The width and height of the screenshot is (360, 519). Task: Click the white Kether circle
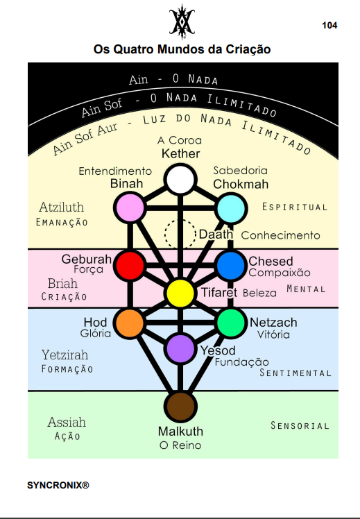(180, 180)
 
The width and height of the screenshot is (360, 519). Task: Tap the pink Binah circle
(130, 207)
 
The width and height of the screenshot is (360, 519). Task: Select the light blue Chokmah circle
(231, 209)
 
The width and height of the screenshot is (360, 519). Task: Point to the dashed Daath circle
(180, 234)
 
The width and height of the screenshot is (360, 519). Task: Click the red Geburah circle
(130, 265)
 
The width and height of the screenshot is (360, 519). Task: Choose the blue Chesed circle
(231, 266)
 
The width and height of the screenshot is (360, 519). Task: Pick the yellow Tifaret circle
(180, 293)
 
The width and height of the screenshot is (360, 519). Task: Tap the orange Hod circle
(130, 323)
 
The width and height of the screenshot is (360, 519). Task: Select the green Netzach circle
(231, 323)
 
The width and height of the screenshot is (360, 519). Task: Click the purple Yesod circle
(180, 348)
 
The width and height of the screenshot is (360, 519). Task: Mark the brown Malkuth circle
(180, 407)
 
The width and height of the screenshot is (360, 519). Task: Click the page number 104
(329, 26)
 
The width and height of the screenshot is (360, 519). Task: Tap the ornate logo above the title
(182, 22)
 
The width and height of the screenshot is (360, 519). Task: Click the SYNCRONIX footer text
(58, 485)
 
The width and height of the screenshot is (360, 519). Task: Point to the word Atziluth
(62, 207)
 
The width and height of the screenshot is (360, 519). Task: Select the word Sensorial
(300, 425)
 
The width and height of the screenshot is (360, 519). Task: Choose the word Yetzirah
(65, 355)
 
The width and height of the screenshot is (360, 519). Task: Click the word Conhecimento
(281, 235)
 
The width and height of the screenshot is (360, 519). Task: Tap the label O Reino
(180, 445)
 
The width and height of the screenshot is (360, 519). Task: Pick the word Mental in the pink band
(306, 289)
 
